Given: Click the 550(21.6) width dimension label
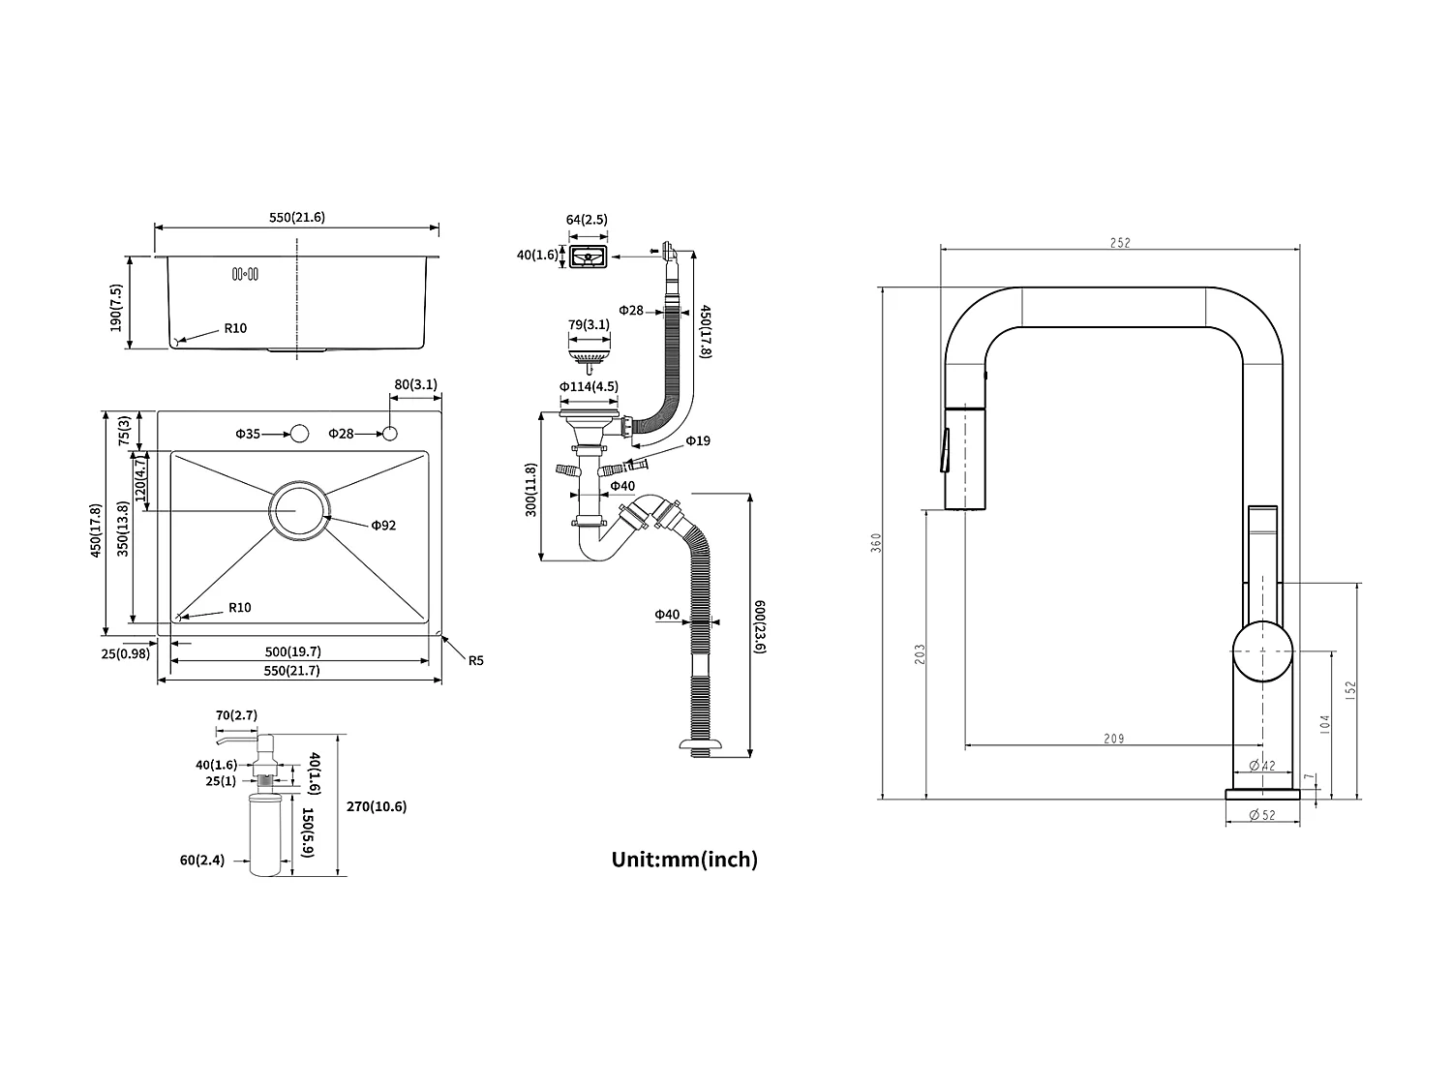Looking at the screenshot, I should point(296,218).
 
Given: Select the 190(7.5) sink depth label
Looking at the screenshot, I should point(117,308).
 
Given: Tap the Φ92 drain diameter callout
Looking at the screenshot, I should point(383,526).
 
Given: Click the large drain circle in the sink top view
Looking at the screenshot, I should point(299,509).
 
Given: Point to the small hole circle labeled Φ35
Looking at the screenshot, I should point(298,433).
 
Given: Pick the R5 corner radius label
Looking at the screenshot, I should point(475,661).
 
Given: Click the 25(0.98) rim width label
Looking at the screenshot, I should point(126,653).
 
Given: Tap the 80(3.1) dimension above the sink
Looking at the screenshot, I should point(416,384).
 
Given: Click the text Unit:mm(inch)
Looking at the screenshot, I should point(684,860).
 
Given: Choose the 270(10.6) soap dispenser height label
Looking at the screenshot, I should point(377,806).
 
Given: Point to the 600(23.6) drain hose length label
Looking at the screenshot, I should point(760,627).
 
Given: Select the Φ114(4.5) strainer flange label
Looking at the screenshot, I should point(589,387).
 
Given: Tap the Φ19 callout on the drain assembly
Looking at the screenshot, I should point(698,441).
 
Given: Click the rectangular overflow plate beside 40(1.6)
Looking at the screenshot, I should point(588,257).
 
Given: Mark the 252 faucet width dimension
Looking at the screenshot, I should point(1119,244).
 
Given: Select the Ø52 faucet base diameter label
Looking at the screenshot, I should point(1262,815).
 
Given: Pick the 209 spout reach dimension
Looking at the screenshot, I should point(1114,739).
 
